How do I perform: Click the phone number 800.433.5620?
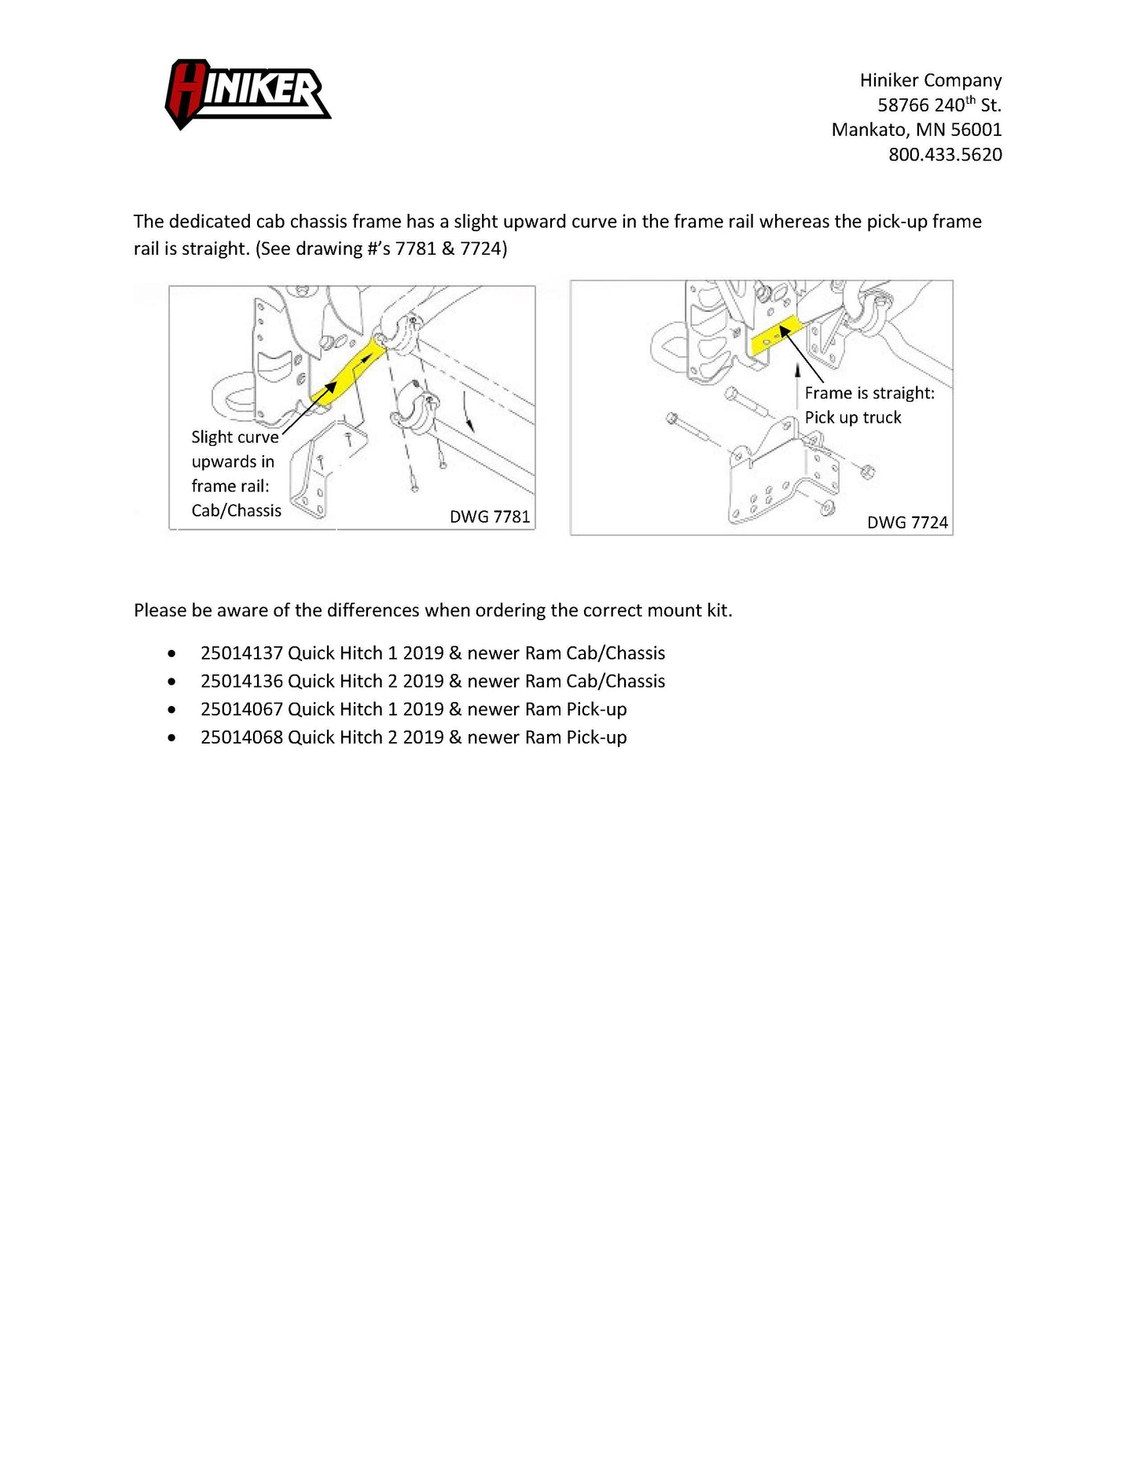pyautogui.click(x=944, y=154)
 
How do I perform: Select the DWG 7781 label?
pyautogui.click(x=489, y=516)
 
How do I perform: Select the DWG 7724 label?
pyautogui.click(x=906, y=522)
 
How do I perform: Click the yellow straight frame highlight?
pyautogui.click(x=774, y=336)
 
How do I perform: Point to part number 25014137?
pyautogui.click(x=241, y=653)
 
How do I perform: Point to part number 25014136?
pyautogui.click(x=241, y=682)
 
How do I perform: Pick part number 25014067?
pyautogui.click(x=241, y=709)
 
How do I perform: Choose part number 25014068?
pyautogui.click(x=241, y=737)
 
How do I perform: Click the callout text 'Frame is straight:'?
pyautogui.click(x=869, y=393)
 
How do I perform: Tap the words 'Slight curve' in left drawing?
pyautogui.click(x=234, y=437)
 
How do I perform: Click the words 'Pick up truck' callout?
pyautogui.click(x=852, y=417)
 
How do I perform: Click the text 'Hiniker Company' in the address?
pyautogui.click(x=930, y=80)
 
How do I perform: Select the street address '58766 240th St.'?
pyautogui.click(x=939, y=105)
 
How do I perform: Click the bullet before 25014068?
pyautogui.click(x=171, y=737)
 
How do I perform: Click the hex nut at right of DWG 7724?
pyautogui.click(x=868, y=472)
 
